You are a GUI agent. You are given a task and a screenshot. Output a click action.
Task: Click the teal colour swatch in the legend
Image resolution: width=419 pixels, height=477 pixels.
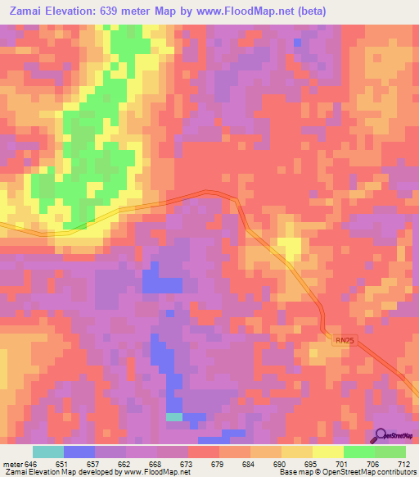click(48, 452)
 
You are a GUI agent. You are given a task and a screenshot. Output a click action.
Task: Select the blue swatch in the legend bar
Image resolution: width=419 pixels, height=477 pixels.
click(79, 452)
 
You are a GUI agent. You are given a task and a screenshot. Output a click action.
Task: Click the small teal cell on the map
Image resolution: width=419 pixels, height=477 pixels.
click(174, 417)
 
